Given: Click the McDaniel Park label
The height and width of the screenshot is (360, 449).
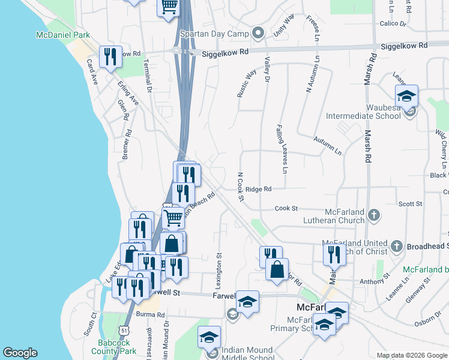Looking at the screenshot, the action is tap(63, 35).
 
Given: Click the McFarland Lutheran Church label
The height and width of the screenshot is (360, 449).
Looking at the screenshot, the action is tap(345, 216).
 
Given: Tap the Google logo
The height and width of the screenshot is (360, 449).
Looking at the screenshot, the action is tap(20, 353).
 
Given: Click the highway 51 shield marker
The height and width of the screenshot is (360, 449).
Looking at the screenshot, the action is tap(123, 331).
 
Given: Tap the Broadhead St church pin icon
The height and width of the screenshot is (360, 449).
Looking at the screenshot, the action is tap(396, 246).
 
